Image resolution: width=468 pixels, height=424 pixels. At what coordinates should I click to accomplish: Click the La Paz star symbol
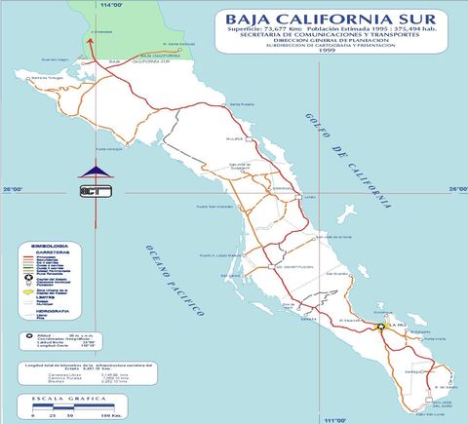tap(380, 328)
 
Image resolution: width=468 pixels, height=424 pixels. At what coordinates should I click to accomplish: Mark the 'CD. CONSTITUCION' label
tap(293, 265)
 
